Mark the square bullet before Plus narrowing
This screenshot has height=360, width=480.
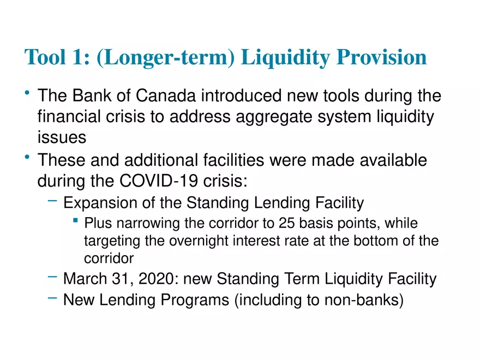click(74, 221)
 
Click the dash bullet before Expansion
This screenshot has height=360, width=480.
click(52, 202)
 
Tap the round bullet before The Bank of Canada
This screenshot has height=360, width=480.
click(27, 94)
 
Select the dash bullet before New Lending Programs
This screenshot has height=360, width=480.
click(52, 298)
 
